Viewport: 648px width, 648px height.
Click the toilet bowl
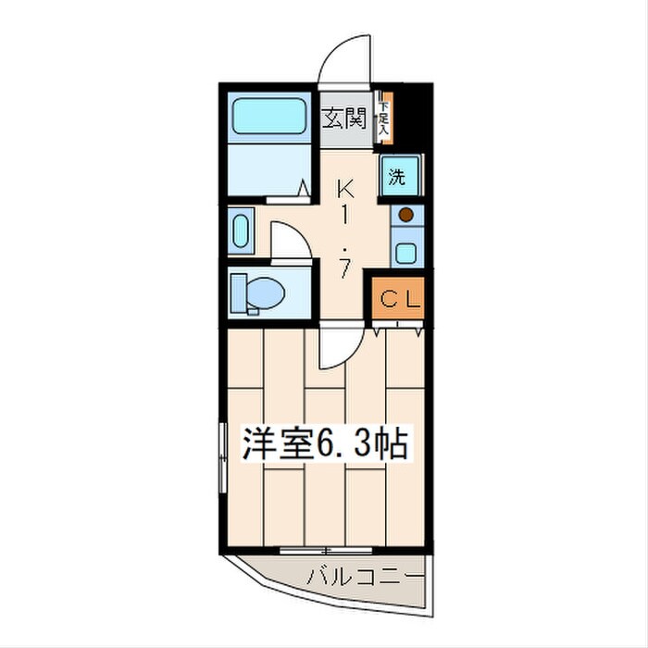[258, 294]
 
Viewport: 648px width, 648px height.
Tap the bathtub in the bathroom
[268, 116]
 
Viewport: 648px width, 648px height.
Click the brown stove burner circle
[405, 216]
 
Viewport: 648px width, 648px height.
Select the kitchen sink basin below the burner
[405, 250]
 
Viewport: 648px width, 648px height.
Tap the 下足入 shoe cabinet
[384, 118]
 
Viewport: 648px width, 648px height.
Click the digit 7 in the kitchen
[344, 270]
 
